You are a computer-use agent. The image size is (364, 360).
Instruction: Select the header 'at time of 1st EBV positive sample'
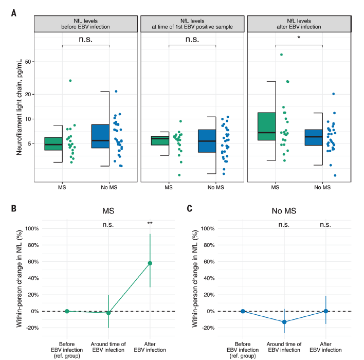192,27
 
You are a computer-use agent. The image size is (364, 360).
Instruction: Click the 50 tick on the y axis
28,62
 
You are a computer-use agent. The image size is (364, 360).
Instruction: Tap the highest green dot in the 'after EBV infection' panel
281,55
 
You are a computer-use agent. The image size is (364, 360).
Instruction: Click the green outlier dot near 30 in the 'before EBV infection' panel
70,81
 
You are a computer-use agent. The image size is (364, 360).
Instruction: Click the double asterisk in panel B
150,223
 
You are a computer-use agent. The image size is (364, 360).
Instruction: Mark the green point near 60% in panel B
150,263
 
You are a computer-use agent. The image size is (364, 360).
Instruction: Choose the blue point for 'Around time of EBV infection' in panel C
284,322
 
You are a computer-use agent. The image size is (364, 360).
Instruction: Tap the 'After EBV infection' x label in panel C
326,347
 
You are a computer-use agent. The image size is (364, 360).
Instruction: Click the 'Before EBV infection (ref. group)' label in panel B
67,350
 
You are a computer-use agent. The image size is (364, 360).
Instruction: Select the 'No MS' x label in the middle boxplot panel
216,187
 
